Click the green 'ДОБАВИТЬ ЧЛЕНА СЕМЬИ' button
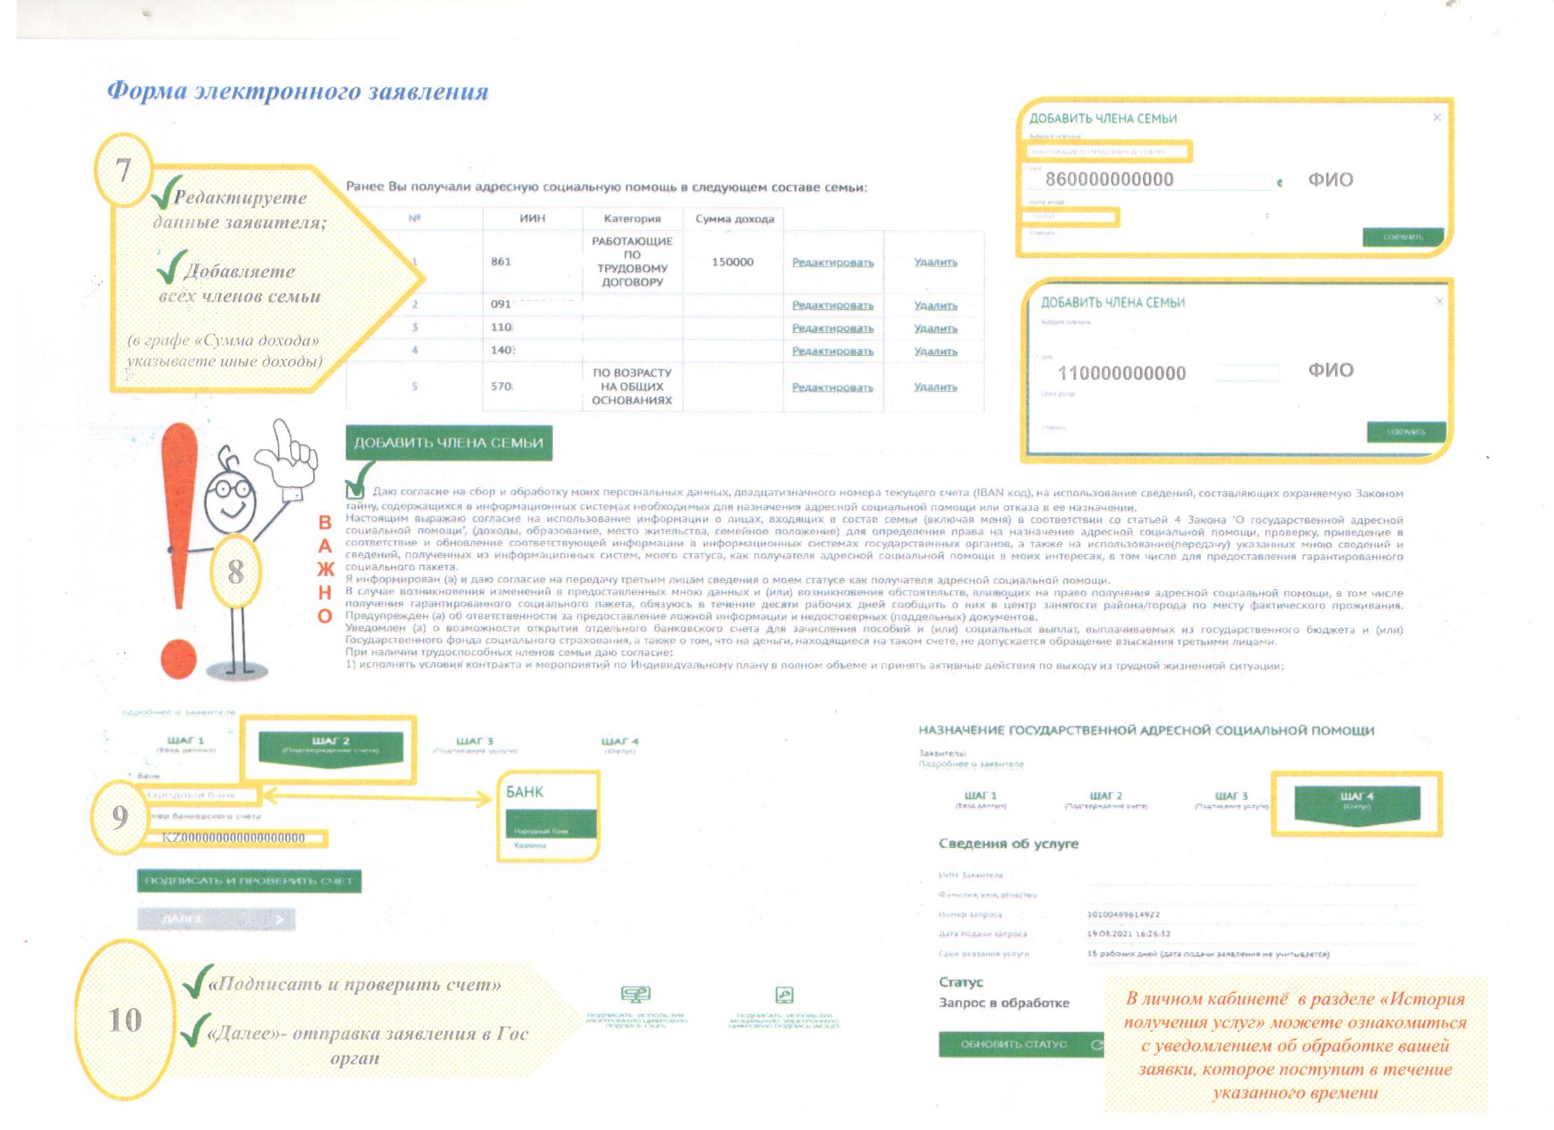click(449, 443)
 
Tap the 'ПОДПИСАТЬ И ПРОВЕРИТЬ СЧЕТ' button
click(249, 881)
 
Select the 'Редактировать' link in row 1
click(832, 263)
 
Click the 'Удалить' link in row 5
click(935, 387)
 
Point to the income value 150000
click(732, 263)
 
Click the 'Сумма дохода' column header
click(734, 219)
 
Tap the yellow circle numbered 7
click(123, 169)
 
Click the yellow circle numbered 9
click(120, 816)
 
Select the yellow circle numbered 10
click(125, 1020)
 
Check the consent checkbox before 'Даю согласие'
click(355, 491)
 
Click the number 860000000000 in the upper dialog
click(1109, 179)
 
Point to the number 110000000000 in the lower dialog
click(1122, 374)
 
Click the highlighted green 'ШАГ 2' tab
click(331, 746)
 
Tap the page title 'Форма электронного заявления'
click(298, 91)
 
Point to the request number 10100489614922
click(1123, 914)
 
